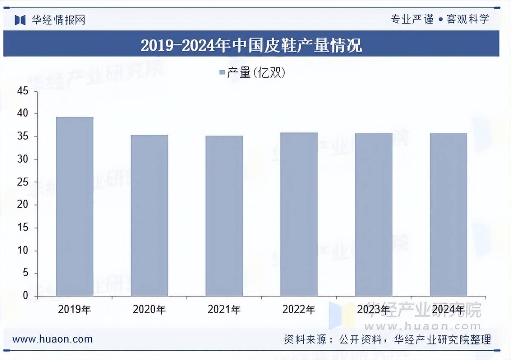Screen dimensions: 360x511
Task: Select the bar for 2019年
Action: (x=75, y=207)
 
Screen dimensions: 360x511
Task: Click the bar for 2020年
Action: (x=149, y=216)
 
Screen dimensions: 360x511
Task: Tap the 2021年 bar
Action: (x=224, y=216)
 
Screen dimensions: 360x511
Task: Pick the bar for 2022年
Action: (x=299, y=214)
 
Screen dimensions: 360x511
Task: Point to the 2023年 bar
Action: (x=374, y=215)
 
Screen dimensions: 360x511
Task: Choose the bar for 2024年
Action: (x=448, y=215)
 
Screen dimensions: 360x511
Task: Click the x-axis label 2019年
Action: (x=75, y=309)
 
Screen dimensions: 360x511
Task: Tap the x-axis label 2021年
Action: (x=224, y=309)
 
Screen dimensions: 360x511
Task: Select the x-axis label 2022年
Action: (x=299, y=309)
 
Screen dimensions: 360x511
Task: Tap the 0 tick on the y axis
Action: (x=25, y=296)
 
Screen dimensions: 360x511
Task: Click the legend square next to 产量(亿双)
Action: (x=221, y=73)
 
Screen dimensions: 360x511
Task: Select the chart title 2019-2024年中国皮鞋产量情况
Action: (x=251, y=44)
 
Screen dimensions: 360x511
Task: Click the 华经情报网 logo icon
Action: (x=20, y=20)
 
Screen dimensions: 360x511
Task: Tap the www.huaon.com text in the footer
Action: (x=52, y=339)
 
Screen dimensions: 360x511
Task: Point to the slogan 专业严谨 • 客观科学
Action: (x=440, y=19)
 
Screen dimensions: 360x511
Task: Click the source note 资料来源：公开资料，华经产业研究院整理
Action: (x=388, y=340)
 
